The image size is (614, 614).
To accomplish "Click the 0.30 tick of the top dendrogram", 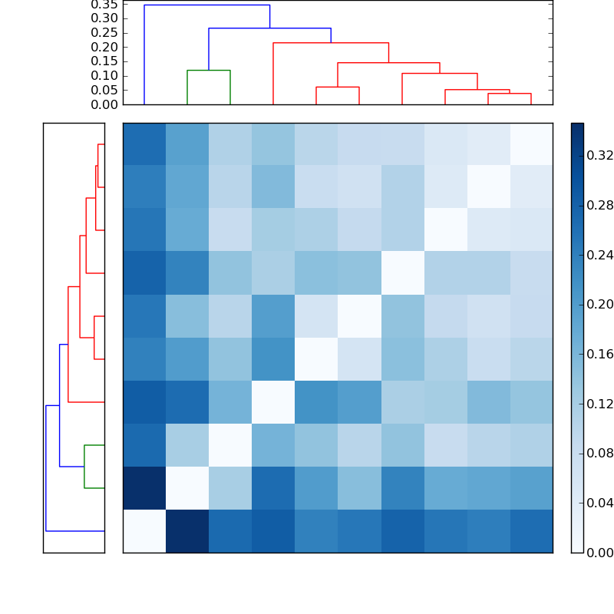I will (105, 18).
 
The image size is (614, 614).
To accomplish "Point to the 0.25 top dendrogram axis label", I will (105, 32).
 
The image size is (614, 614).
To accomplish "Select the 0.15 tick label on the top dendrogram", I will (105, 61).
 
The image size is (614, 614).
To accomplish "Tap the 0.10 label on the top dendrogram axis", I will (105, 75).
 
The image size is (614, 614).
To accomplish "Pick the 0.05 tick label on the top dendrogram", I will (105, 90).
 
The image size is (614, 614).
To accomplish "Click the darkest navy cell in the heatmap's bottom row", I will (187, 531).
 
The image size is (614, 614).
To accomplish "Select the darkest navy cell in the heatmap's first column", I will (144, 488).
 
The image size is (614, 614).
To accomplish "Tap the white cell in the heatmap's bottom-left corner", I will (144, 531).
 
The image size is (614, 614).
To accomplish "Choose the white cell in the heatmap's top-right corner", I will (531, 144).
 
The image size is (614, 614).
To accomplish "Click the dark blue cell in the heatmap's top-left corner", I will (144, 144).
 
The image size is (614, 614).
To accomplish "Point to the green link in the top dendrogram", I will (209, 71).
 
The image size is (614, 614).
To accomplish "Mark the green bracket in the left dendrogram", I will (84, 467).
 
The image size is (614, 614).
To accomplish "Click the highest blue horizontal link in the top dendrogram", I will (207, 5).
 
